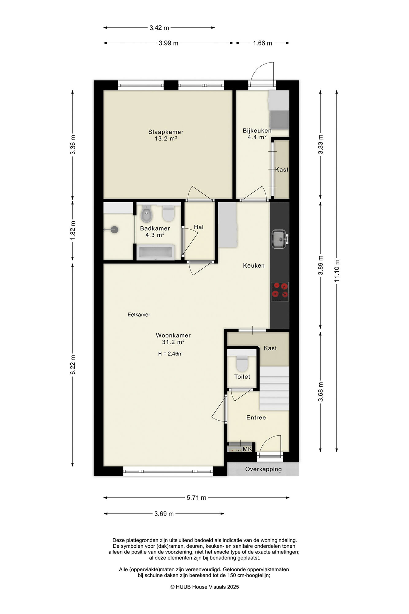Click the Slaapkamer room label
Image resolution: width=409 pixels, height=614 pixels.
166,132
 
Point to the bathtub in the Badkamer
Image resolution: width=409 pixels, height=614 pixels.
156,252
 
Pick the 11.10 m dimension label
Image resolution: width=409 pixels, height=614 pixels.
337,270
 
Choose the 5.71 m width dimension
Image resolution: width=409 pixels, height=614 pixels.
196,498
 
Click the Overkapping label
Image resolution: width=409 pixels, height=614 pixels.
263,469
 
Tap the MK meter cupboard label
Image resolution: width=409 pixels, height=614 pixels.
247,449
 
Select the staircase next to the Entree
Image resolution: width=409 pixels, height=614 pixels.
274,388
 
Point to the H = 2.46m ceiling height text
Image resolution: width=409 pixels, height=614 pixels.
170,354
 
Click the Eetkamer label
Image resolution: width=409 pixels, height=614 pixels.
139,314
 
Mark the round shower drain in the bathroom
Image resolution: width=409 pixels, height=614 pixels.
114,230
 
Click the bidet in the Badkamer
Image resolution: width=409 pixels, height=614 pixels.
146,214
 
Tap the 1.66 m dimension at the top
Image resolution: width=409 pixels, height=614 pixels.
262,43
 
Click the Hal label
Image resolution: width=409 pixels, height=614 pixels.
199,227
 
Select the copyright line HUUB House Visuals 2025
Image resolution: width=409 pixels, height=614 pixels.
205,587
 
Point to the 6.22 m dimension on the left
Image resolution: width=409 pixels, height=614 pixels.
73,365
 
